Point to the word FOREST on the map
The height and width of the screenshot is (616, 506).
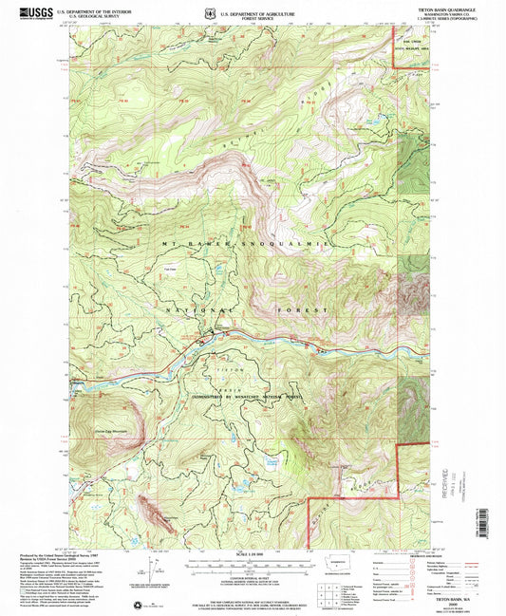pyautogui.click(x=302, y=311)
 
